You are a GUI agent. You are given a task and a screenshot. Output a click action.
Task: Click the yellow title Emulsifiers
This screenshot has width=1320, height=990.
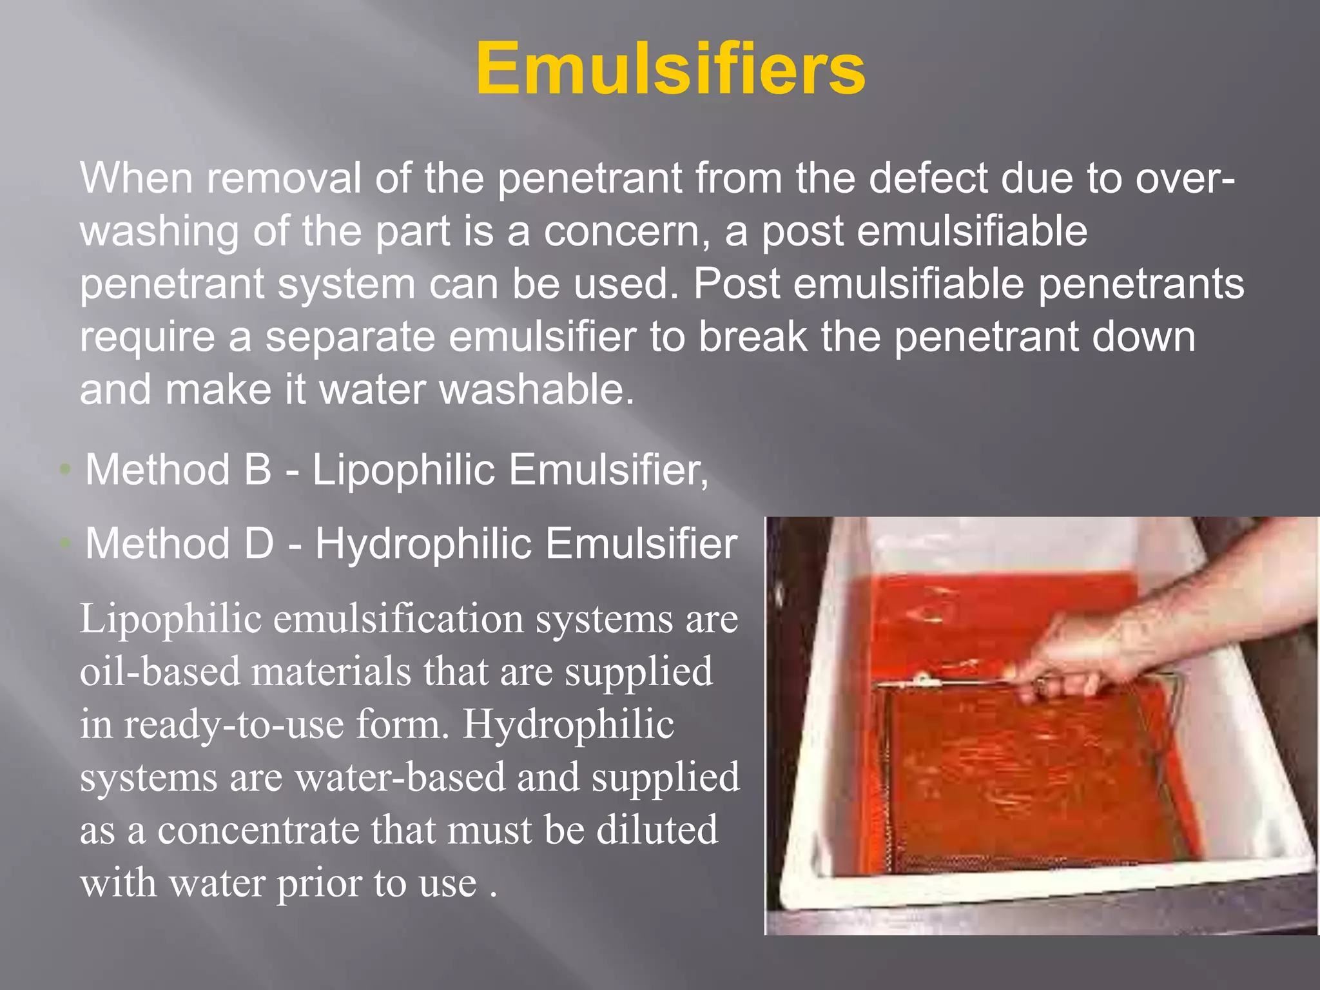(x=670, y=68)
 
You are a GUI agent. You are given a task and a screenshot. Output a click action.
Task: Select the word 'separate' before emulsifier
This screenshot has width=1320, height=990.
(x=350, y=336)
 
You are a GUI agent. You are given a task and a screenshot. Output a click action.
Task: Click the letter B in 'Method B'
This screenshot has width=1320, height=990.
(x=258, y=469)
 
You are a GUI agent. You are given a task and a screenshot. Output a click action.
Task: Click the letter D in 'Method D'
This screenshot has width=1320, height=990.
(x=259, y=543)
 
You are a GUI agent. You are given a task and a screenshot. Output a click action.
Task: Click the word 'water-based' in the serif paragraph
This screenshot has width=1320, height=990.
(x=400, y=777)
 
